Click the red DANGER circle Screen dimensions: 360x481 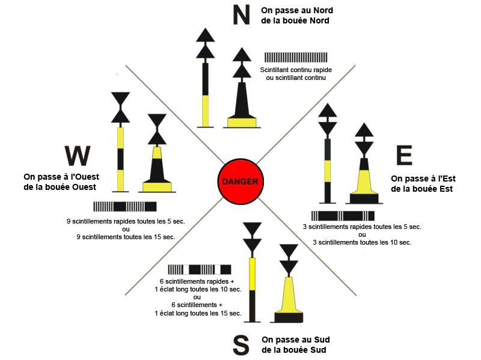[240, 182]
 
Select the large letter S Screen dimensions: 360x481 [240, 345]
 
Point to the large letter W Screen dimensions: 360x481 [77, 156]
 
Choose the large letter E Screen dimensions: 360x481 [404, 156]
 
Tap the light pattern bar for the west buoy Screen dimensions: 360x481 [125, 206]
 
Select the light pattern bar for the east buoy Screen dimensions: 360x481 [343, 215]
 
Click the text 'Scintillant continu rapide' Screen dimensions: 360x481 [296, 70]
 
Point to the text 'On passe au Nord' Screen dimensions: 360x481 [298, 11]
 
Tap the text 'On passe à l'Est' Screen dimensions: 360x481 [421, 178]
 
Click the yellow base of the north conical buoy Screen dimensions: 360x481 [242, 123]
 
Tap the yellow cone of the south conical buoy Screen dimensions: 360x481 [289, 294]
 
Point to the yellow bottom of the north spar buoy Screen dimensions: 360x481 [206, 111]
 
